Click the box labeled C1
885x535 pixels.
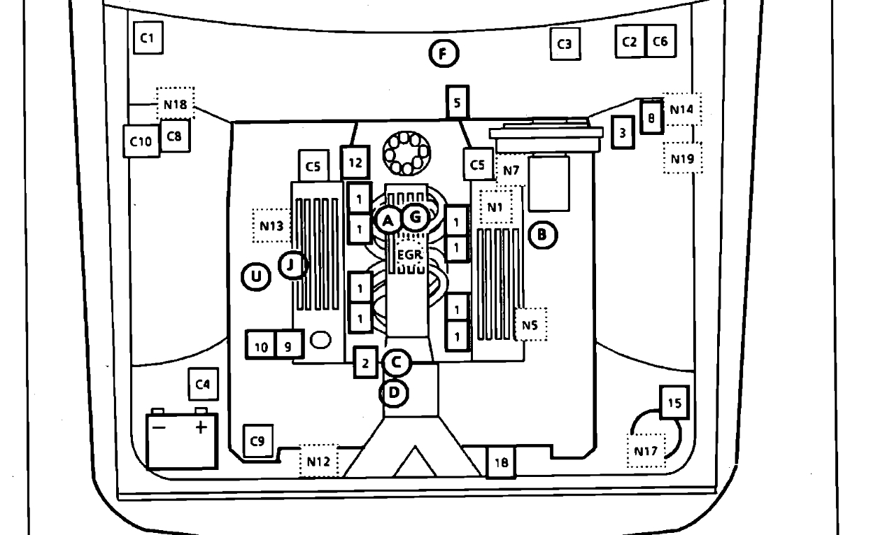click(148, 38)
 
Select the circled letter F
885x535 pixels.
click(443, 53)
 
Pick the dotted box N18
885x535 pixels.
click(175, 105)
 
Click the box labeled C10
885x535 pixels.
click(141, 141)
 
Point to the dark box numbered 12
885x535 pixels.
click(355, 162)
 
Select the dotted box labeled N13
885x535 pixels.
click(271, 225)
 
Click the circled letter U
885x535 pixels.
click(256, 278)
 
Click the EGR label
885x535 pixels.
click(409, 255)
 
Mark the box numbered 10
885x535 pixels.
click(260, 346)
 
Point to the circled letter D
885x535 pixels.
click(395, 393)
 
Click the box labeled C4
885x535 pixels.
click(202, 384)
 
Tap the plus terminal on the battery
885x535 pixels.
click(202, 427)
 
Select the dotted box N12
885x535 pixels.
click(318, 461)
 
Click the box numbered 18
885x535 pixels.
click(501, 462)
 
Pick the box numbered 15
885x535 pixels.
click(674, 403)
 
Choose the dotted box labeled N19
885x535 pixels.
click(682, 159)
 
